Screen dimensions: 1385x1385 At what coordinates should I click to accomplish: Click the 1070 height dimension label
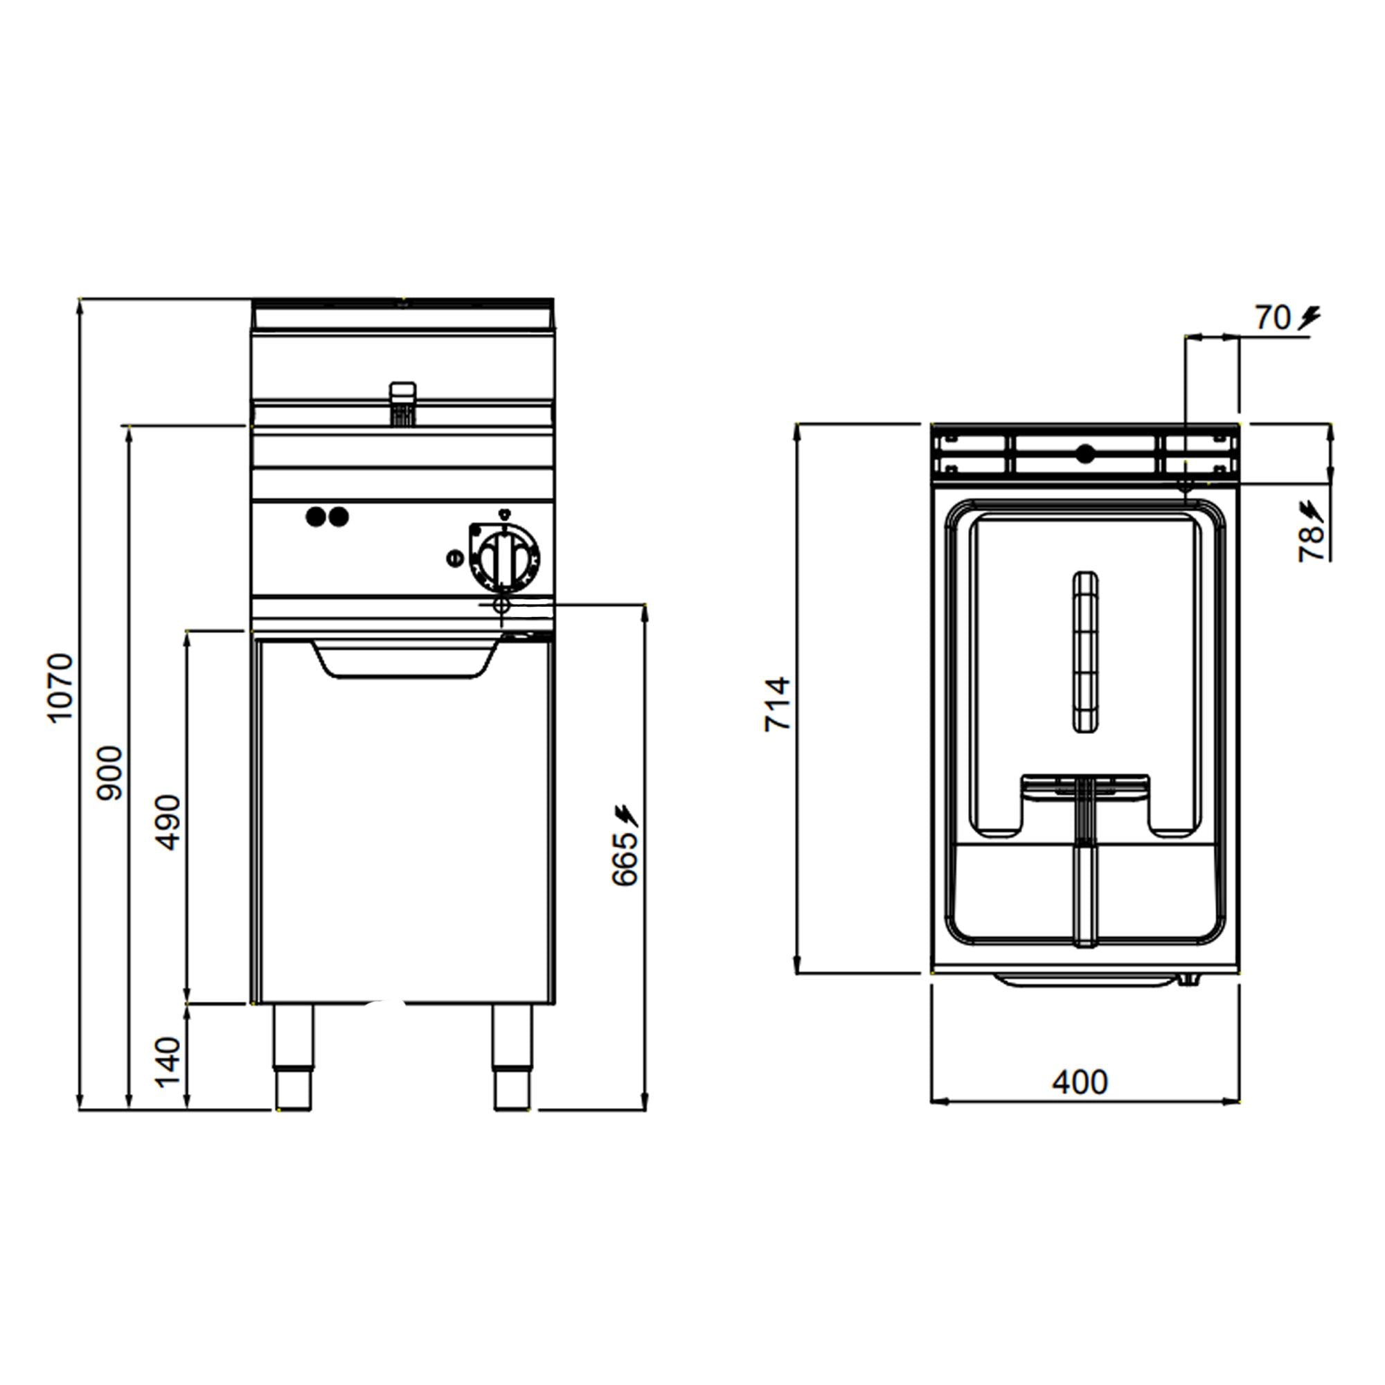(60, 688)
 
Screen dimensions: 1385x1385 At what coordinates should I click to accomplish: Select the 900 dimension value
(110, 773)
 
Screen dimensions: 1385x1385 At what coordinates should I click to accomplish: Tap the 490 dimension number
(169, 822)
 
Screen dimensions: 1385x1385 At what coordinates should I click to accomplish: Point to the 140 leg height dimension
(169, 1062)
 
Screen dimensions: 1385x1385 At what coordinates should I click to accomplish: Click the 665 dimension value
(625, 858)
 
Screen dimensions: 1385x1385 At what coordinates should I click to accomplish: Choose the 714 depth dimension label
(777, 704)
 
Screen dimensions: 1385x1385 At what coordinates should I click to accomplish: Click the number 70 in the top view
(1272, 319)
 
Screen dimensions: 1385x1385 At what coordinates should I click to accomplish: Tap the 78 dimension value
(1311, 544)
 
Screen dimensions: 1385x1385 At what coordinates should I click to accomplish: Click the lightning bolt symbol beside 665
(627, 815)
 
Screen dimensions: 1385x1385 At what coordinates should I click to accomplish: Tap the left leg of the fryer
(293, 1057)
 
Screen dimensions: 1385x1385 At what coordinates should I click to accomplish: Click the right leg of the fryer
(512, 1057)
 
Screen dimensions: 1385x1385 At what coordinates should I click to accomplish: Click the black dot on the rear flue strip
(1086, 454)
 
